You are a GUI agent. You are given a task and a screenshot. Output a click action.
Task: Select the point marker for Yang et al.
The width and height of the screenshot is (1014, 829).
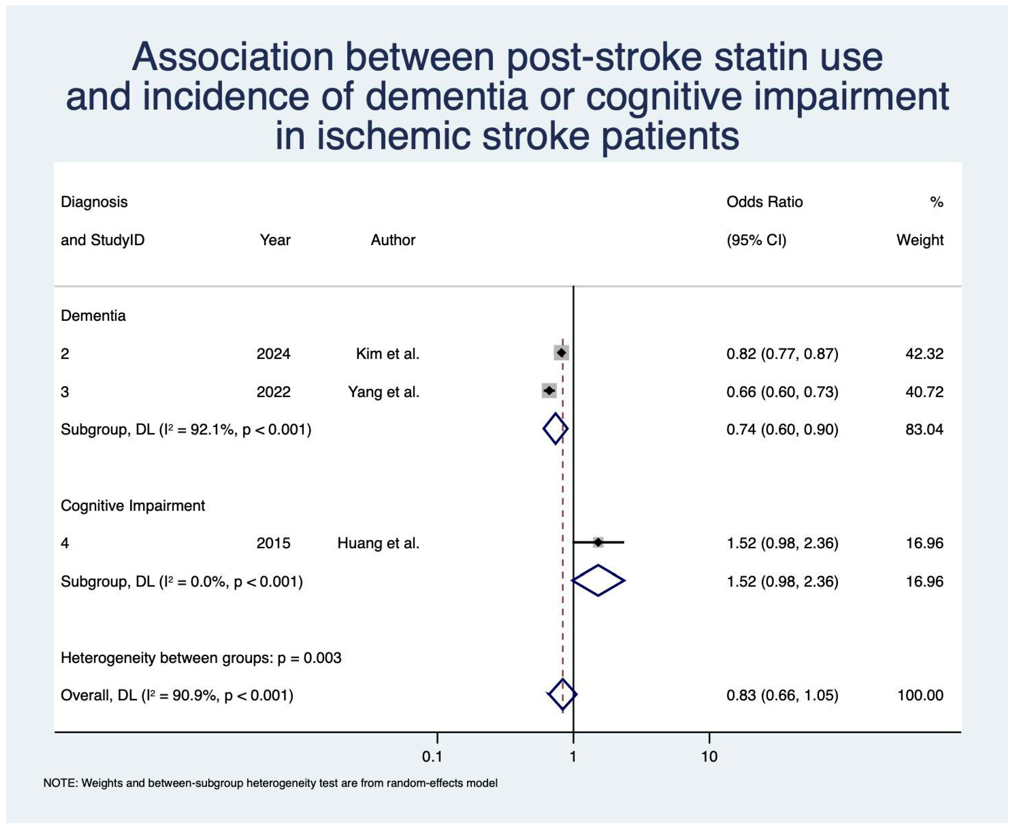point(549,391)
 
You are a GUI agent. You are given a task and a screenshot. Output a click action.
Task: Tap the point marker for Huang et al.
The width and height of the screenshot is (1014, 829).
point(598,542)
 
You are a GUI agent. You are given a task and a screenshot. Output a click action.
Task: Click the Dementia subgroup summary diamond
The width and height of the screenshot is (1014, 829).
point(555,429)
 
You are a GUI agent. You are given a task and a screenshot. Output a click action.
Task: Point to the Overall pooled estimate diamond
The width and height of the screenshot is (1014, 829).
point(563,694)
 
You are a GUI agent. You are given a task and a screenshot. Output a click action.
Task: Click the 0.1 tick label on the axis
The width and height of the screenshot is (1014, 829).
point(432,757)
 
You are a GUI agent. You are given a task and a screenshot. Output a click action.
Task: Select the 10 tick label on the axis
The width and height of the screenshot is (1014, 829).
point(709,757)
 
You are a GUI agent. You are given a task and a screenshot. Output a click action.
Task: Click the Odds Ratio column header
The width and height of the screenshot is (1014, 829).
point(765,202)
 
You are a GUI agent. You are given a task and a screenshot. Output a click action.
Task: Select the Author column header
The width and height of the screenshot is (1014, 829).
point(393,240)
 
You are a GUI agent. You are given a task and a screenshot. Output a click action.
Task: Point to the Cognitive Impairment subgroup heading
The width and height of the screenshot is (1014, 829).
point(133,505)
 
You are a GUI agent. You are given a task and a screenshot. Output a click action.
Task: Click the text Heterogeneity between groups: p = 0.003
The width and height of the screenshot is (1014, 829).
point(201,658)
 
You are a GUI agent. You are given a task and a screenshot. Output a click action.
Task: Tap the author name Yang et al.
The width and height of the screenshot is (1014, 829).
point(384,392)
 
